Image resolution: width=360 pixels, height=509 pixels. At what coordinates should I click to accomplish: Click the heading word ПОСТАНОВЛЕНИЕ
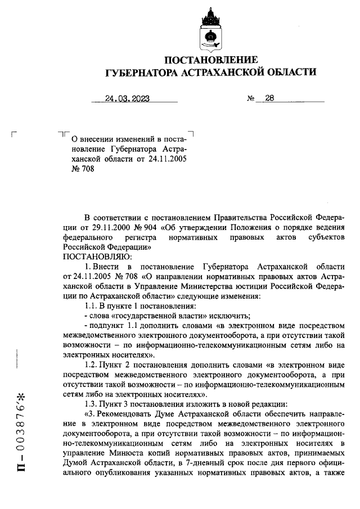[211, 60]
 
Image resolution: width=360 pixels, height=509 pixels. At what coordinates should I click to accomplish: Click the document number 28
[269, 97]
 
